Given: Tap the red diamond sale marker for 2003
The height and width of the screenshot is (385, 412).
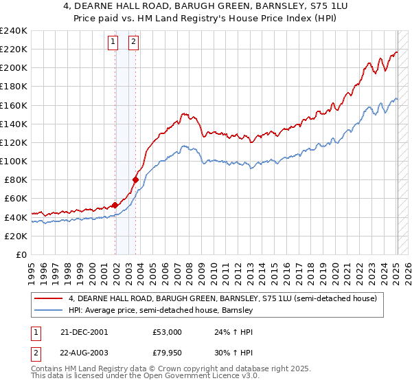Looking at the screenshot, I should [135, 179].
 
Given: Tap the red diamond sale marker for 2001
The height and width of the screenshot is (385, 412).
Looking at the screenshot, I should [115, 204].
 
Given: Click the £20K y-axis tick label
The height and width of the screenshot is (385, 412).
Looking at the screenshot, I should [16, 235].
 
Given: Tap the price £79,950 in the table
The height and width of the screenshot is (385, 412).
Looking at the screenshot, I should [168, 352].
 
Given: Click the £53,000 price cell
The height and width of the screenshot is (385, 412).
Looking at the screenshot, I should [168, 332].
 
